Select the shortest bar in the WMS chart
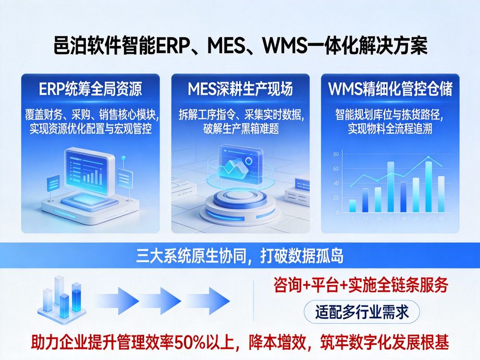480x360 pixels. (x=352, y=205)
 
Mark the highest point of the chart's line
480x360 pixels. (x=428, y=157)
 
